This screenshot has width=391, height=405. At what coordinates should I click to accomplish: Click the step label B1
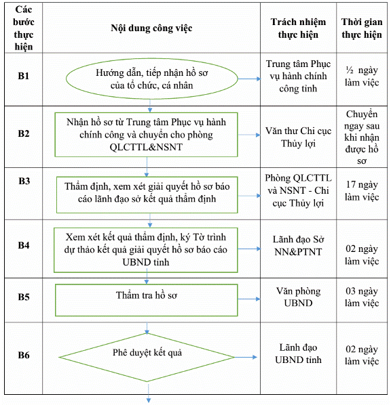(24, 76)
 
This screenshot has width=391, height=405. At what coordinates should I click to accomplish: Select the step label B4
(24, 245)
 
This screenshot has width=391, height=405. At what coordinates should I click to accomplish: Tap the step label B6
(24, 355)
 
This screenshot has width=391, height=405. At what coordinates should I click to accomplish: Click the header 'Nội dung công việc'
(151, 28)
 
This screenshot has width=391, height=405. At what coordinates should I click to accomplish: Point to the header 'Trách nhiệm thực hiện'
(298, 28)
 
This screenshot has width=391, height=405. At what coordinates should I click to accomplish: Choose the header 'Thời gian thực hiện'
(362, 28)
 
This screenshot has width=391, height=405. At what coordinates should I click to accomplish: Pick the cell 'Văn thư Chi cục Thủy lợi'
(298, 137)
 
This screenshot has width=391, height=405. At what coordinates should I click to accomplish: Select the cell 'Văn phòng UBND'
(298, 297)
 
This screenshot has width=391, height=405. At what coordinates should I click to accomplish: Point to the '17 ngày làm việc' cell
(362, 190)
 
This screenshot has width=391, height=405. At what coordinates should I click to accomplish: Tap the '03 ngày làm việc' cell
(362, 297)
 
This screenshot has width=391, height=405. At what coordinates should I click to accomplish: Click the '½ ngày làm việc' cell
(362, 77)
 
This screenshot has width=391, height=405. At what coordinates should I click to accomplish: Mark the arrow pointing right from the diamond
(246, 357)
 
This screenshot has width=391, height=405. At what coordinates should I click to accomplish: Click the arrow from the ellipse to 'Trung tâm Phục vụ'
(249, 79)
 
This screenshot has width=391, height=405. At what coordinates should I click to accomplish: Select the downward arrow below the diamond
(149, 393)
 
